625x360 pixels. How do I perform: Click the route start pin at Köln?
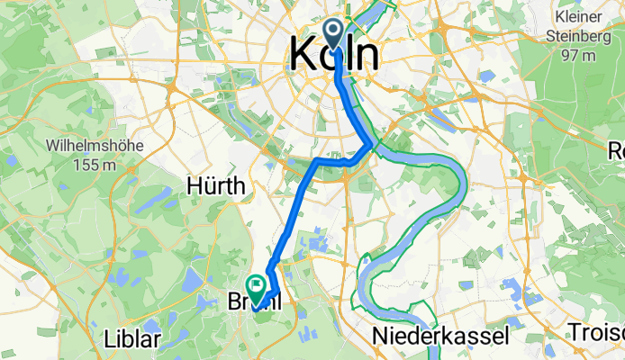[334, 35]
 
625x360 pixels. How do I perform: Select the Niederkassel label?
[440, 337]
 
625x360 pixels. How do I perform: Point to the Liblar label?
[131, 339]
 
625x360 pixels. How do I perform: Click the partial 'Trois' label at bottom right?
[595, 333]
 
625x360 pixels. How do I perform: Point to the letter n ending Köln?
[365, 55]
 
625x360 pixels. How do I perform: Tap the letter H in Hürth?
[192, 186]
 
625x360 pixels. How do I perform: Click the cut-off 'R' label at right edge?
[617, 150]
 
